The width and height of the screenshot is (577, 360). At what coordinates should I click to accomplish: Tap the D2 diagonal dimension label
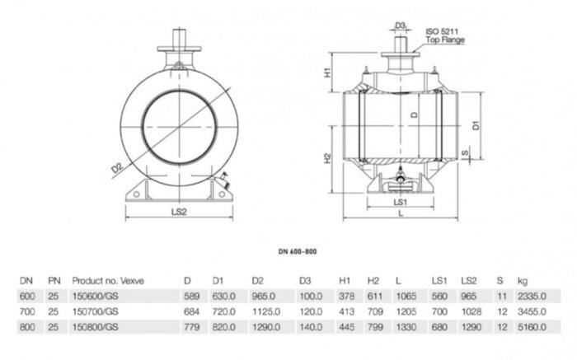[x=119, y=169]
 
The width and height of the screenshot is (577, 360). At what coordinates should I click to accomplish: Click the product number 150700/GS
[x=96, y=312]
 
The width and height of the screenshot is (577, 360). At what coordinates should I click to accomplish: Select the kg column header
[x=523, y=280]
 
